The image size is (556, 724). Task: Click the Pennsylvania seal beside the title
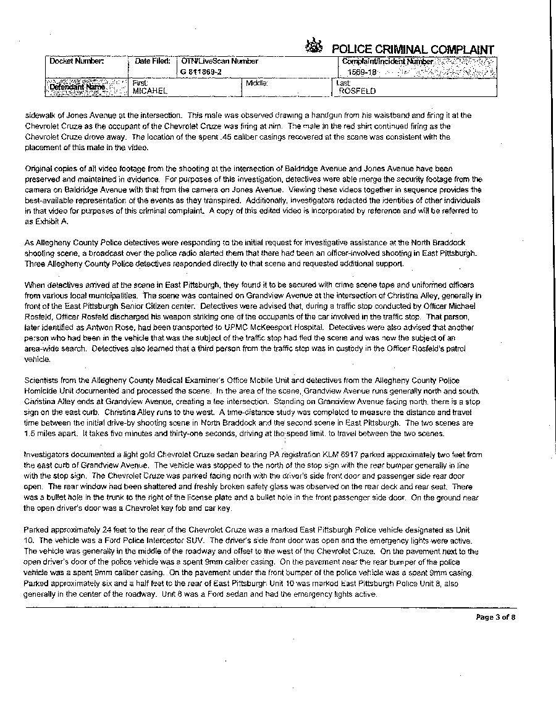click(315, 47)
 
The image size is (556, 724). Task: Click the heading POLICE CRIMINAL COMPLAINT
click(413, 49)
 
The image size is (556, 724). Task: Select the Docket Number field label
click(77, 61)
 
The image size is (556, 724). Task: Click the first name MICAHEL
click(151, 91)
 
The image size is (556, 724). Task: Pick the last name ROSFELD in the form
click(358, 91)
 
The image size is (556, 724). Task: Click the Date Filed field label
click(153, 61)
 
